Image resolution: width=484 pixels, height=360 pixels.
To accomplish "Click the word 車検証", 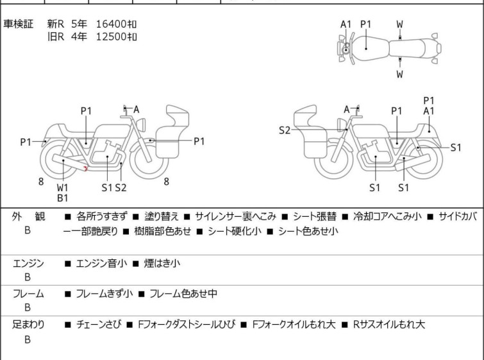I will coord(19,24).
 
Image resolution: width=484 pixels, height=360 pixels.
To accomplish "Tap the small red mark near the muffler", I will coord(85,169).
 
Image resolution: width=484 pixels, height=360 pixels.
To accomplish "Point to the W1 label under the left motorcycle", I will coord(63,188).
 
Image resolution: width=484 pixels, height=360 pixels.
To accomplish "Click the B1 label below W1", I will coord(63,199).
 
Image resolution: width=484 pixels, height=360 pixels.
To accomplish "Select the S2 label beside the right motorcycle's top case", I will coord(285,130).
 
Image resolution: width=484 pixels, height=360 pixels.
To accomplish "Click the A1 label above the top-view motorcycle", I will coord(346,24).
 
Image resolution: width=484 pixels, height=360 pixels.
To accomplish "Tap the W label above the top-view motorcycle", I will coord(399,24).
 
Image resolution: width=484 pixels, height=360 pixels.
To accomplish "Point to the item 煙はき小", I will coord(163,263).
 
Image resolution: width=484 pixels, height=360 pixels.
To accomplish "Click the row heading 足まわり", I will coord(29,325).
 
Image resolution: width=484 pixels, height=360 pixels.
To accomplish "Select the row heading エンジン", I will coord(29,263).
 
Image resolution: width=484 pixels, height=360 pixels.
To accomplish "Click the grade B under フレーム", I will coord(28,308).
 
